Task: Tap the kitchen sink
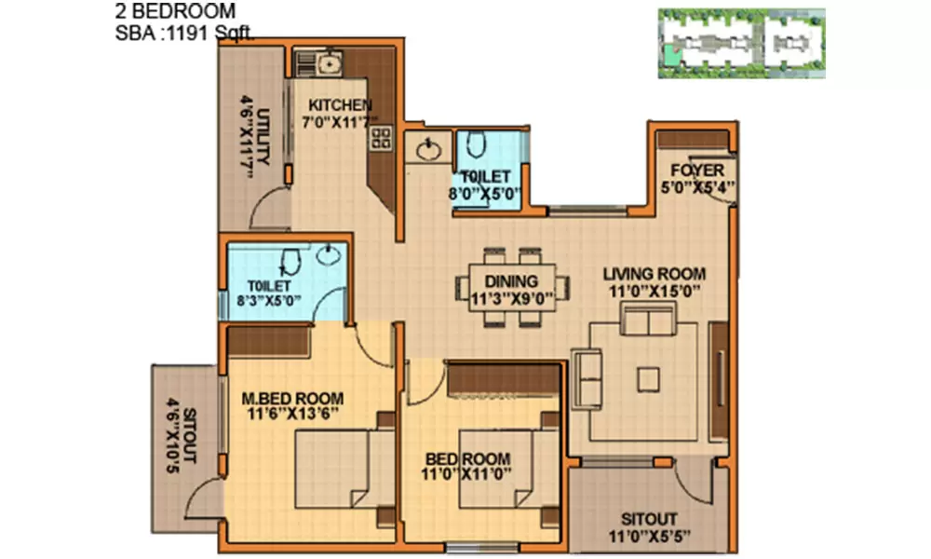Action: pos(327,63)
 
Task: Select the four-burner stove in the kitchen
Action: pos(380,138)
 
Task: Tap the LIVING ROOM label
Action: pos(654,274)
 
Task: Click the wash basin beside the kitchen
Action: pos(429,150)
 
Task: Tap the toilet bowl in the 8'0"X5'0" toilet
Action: pos(476,144)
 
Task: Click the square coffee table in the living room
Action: pos(648,376)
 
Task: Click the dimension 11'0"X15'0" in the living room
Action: pos(654,291)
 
